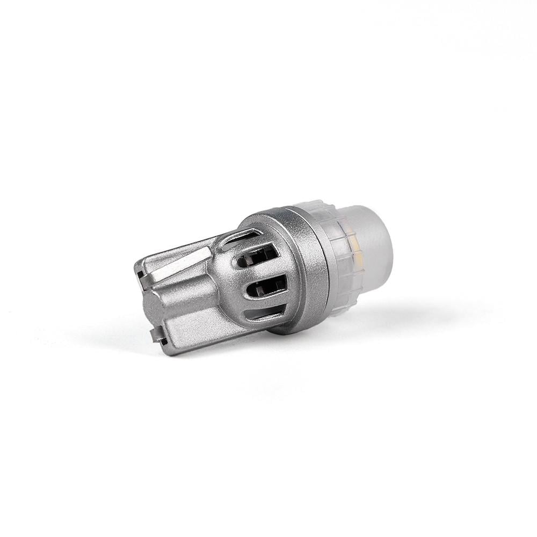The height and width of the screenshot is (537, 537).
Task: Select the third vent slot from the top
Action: click(x=265, y=287)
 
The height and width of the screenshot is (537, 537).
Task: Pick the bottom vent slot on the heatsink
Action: click(x=265, y=313)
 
